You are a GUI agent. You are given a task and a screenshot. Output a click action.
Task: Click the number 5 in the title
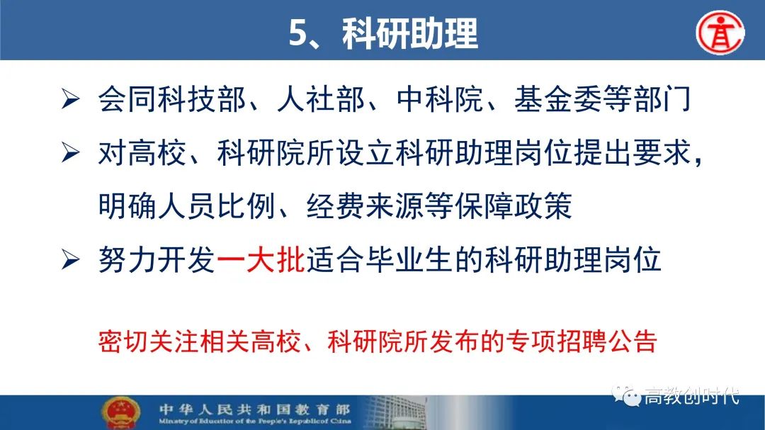(x=298, y=33)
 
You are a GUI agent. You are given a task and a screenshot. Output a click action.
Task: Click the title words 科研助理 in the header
(x=410, y=33)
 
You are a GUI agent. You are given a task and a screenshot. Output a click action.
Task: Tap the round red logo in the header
(x=720, y=33)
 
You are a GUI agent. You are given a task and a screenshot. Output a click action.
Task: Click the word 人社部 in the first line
(x=321, y=99)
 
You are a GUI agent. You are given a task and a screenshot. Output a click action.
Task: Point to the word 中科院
(x=440, y=99)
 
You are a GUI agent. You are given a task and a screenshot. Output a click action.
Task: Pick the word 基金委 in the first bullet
(x=558, y=99)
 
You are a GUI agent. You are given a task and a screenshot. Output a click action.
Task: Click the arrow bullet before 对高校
(x=71, y=152)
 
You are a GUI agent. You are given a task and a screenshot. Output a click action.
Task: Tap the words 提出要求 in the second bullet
(x=633, y=153)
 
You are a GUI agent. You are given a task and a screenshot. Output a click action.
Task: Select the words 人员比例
(x=216, y=205)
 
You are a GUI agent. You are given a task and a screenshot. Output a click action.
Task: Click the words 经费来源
(x=365, y=205)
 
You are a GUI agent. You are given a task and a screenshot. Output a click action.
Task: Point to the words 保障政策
(x=514, y=205)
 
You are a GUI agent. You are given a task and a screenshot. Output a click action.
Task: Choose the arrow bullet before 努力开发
(x=71, y=259)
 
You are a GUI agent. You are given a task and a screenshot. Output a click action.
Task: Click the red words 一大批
(x=261, y=259)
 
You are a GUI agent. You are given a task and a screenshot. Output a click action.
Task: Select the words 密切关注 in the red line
(x=148, y=341)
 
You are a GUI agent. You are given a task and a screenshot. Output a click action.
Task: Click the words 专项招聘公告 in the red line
(x=581, y=341)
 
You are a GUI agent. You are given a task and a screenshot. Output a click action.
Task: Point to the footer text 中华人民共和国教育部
(x=254, y=409)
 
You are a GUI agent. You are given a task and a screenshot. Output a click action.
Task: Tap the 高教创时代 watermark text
(x=691, y=395)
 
